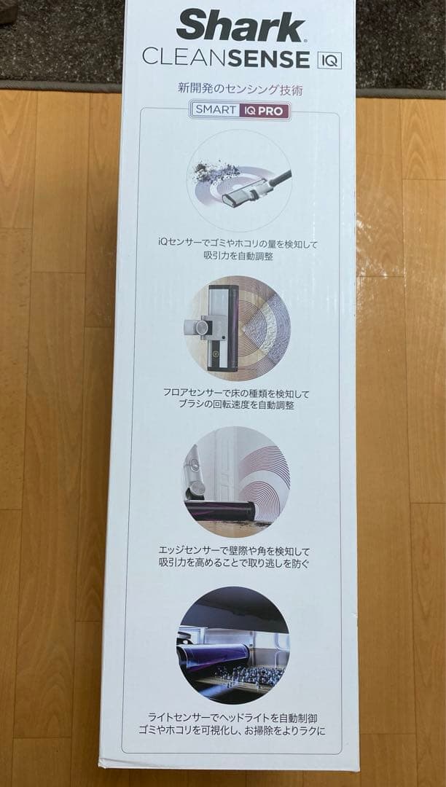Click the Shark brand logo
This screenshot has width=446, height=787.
(240, 27)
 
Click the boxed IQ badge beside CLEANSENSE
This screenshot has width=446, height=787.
(329, 59)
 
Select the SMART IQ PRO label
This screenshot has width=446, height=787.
(240, 111)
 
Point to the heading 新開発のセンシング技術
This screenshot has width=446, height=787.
(240, 90)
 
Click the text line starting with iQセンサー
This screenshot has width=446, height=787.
(238, 244)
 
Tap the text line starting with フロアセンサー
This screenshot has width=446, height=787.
(237, 393)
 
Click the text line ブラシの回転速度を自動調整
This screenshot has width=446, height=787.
(237, 405)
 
